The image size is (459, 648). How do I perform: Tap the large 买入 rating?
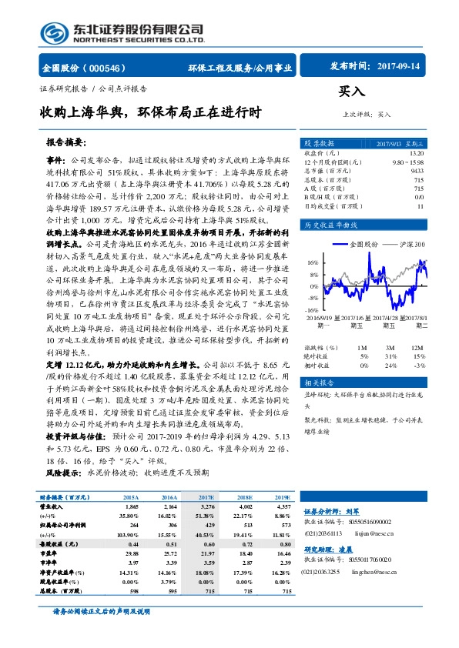coord(352,92)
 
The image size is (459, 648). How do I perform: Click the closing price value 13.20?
coord(416,153)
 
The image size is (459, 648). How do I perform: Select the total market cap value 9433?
coord(416,172)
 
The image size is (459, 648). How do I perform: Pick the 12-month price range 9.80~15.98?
coord(407,162)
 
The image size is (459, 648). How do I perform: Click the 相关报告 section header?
coord(318,382)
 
